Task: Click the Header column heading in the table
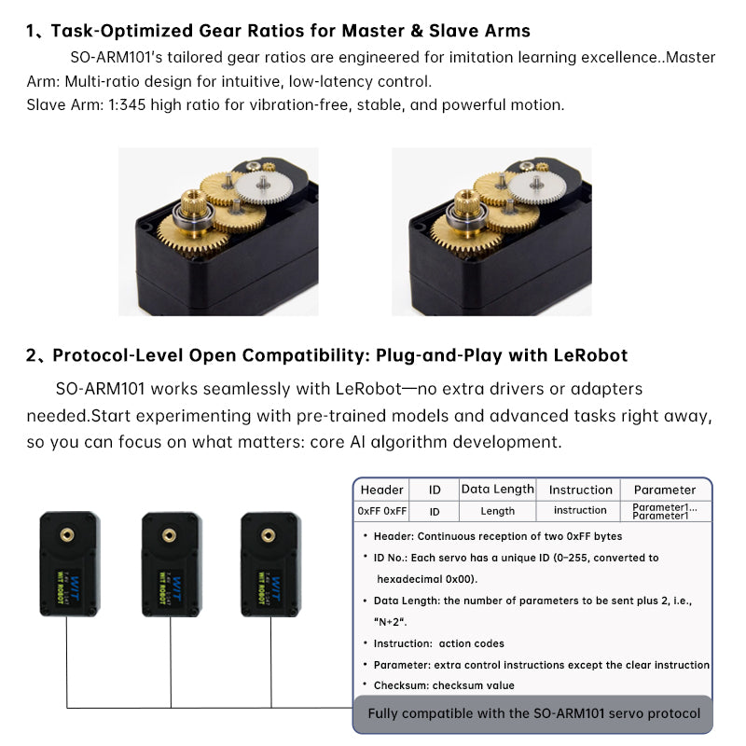(x=381, y=490)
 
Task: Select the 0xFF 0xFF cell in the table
(x=382, y=511)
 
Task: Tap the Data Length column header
(x=498, y=489)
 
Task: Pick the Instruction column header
(x=580, y=490)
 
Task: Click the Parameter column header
(x=665, y=490)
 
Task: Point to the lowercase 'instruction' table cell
(x=580, y=510)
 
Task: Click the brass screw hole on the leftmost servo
(x=66, y=534)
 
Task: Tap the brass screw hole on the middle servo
(x=169, y=535)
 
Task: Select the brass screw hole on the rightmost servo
(x=269, y=535)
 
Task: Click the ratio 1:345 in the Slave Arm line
(x=127, y=104)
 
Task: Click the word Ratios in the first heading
(x=276, y=31)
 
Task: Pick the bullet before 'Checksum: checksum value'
(x=365, y=684)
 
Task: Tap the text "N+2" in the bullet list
(x=390, y=622)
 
